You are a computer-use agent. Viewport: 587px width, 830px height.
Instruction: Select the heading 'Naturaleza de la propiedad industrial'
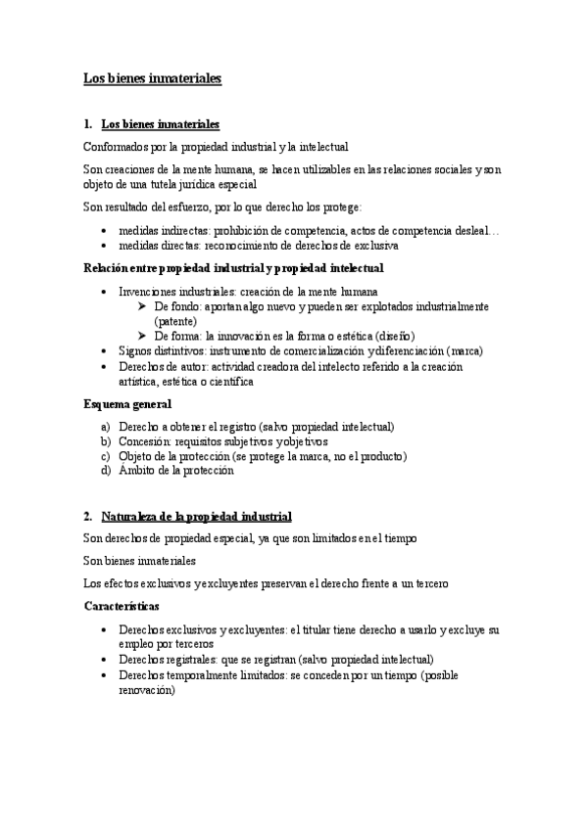pos(196,516)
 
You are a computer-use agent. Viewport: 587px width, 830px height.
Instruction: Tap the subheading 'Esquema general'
pos(127,403)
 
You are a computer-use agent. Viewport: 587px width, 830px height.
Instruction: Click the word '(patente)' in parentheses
pos(175,320)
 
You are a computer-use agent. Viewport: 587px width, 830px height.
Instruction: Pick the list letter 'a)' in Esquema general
pos(106,428)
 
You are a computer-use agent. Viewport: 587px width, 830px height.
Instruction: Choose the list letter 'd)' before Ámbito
pos(106,470)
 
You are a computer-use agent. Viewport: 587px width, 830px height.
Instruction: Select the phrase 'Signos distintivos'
pos(158,349)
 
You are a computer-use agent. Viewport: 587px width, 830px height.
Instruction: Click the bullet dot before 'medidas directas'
pos(105,246)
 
